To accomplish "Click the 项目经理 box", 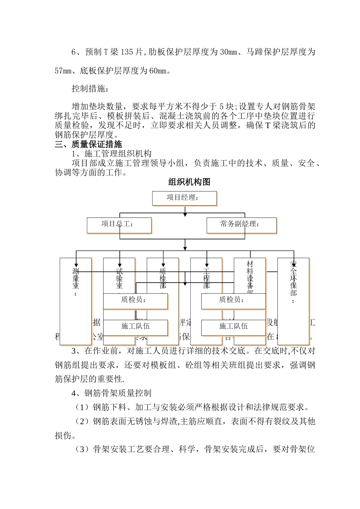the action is click(184, 198).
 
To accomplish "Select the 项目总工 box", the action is click(119, 225).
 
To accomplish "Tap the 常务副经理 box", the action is click(241, 225).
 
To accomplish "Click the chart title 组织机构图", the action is click(189, 182).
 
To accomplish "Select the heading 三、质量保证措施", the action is click(88, 144).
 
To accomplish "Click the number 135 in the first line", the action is click(127, 52).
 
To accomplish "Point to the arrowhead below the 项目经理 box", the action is click(185, 214).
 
